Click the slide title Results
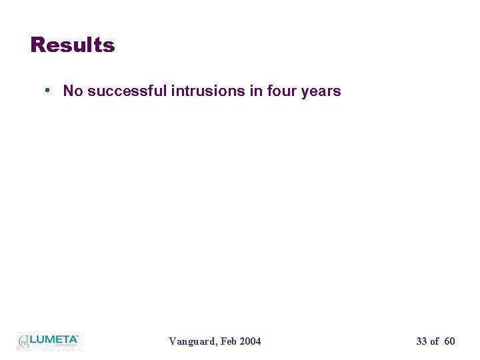[x=73, y=45]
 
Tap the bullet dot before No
[x=49, y=90]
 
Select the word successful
[x=127, y=91]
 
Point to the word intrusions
[x=208, y=91]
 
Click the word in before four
[x=256, y=91]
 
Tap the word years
[x=321, y=91]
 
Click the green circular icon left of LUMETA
[x=24, y=341]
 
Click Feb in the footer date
[x=229, y=341]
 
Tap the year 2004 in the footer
[x=251, y=341]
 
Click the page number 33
[x=421, y=341]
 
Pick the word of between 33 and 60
[x=435, y=341]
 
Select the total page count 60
[x=449, y=341]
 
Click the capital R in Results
[x=37, y=45]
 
